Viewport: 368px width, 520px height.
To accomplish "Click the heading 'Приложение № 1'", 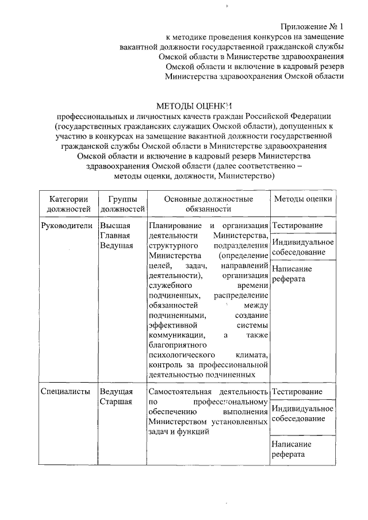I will coord(312,26).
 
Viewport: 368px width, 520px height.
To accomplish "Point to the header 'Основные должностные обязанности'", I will coord(208,203).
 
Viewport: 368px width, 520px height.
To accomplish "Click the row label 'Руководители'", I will coord(67,225).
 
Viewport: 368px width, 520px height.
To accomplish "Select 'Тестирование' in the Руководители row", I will coord(297,225).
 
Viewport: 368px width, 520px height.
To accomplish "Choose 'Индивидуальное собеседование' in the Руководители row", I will coord(302,247).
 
